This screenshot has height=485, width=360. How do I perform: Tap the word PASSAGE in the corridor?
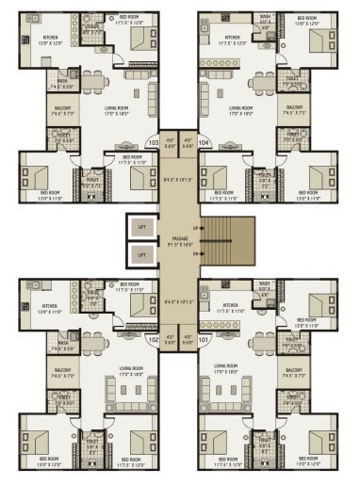point(180,239)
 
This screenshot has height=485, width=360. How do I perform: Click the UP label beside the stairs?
point(195,228)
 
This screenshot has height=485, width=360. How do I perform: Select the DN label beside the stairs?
point(195,253)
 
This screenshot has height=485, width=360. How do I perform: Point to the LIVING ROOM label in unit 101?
point(226,366)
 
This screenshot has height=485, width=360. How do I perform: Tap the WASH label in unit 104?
point(265,16)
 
